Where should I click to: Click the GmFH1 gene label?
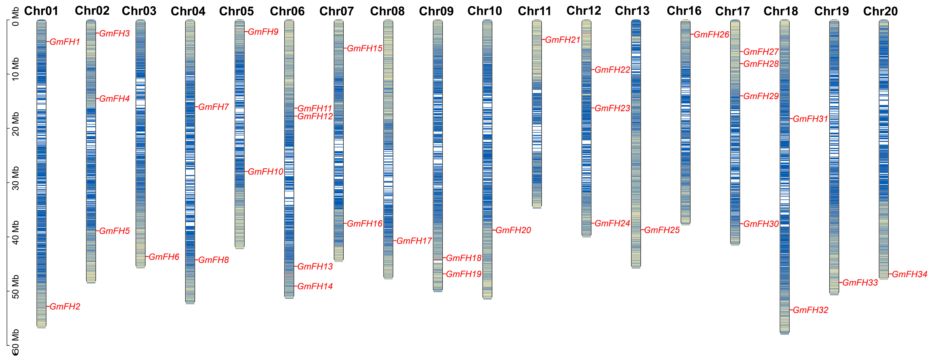click(65, 42)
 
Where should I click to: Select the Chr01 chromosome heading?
click(41, 11)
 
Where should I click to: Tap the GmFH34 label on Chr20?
click(909, 274)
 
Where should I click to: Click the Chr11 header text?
click(534, 11)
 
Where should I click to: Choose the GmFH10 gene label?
click(265, 172)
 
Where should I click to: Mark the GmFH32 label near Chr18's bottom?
click(810, 310)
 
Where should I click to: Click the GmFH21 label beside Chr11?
click(563, 40)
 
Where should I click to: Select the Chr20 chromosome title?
click(880, 11)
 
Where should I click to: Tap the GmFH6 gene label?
click(164, 257)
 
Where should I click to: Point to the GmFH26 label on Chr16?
click(711, 35)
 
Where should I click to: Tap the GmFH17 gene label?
click(414, 241)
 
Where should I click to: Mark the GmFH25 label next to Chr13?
click(662, 230)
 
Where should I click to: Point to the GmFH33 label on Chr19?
click(860, 283)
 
